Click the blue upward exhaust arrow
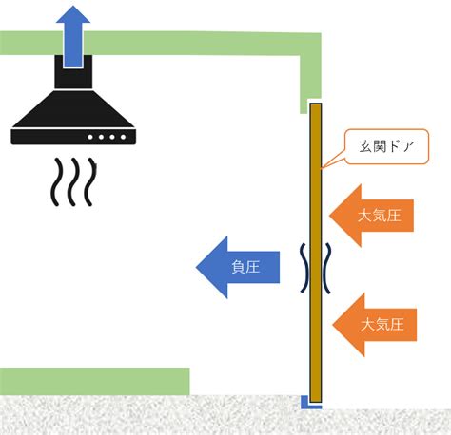click(73, 36)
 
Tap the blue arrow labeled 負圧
click(238, 267)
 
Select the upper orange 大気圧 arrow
click(372, 216)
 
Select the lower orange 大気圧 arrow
click(375, 325)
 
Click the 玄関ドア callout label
click(386, 146)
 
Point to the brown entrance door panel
click(316, 253)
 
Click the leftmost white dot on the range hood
click(90, 137)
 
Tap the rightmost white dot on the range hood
click(123, 137)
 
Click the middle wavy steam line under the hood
click(73, 182)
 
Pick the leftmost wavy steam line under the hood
click(55, 182)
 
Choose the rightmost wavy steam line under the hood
click(90, 182)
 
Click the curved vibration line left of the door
click(305, 268)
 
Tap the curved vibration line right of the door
click(326, 269)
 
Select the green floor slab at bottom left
click(94, 381)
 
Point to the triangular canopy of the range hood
click(73, 109)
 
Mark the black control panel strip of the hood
click(73, 137)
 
